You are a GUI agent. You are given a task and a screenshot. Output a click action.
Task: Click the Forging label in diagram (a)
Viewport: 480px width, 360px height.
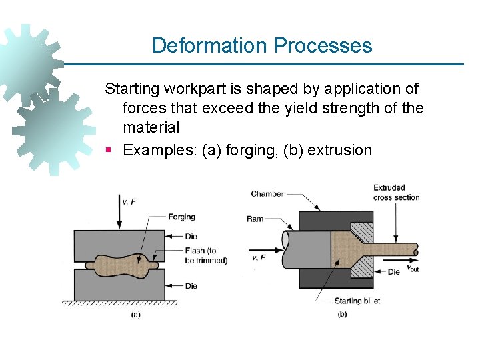[182, 217]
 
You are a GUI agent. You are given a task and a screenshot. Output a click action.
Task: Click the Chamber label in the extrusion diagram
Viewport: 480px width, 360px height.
[267, 194]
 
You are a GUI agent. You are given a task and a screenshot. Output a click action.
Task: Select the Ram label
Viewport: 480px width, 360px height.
[255, 219]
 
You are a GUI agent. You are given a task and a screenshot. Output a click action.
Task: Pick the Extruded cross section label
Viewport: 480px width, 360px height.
[396, 192]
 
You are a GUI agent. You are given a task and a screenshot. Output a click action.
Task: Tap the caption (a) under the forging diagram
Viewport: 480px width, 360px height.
[135, 314]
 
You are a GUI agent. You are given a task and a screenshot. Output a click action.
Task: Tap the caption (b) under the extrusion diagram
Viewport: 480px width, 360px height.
[343, 314]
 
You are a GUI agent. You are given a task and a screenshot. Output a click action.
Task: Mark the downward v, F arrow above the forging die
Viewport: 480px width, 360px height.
[119, 213]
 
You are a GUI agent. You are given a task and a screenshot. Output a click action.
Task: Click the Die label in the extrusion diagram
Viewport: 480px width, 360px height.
[394, 272]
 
